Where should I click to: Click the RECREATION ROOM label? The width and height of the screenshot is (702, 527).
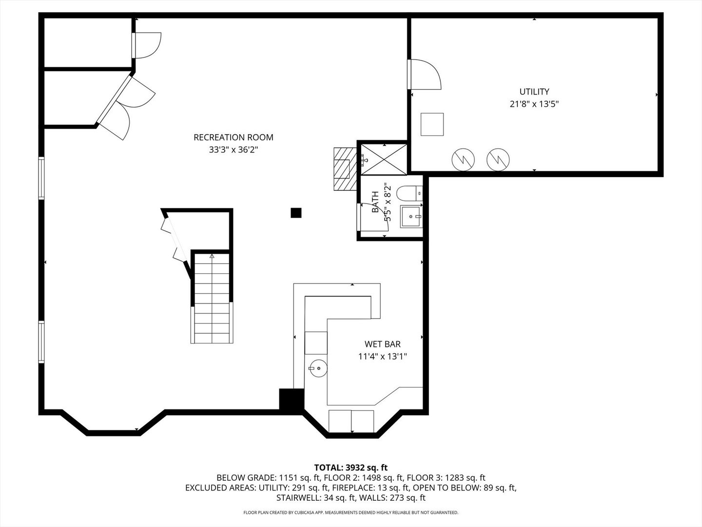point(234,138)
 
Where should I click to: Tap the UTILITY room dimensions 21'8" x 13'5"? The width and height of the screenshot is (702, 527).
point(534,104)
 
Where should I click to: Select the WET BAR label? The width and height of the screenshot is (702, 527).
point(382,345)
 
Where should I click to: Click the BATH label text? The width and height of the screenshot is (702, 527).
point(375,202)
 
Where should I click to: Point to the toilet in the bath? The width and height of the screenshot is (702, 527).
point(409,194)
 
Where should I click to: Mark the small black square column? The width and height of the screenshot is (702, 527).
point(296,213)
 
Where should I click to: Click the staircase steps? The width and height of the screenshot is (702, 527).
point(212,299)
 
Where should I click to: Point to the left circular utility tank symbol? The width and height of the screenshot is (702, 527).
point(463,159)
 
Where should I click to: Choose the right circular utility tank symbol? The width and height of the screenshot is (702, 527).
point(498,159)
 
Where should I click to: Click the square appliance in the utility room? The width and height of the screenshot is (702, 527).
point(432,124)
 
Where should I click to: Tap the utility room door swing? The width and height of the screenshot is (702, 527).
point(426,74)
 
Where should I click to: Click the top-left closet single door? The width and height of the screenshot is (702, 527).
point(148,45)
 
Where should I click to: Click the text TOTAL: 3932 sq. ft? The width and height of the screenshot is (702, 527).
point(351,468)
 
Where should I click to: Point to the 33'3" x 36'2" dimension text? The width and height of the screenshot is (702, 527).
point(234,150)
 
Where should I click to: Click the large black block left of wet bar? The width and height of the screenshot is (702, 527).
point(291,399)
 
